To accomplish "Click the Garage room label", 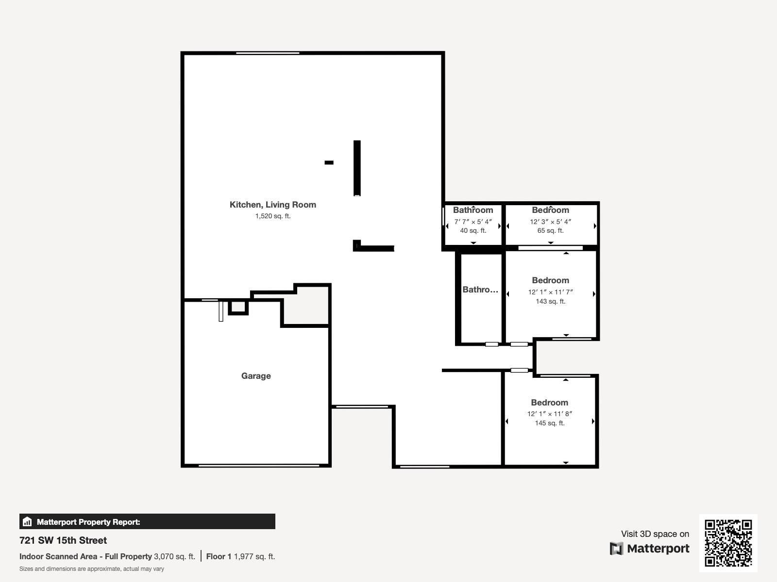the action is (x=256, y=376).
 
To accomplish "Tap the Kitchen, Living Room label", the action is (x=272, y=205).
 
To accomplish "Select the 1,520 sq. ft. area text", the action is (x=273, y=216).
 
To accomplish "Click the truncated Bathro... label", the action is (x=480, y=290).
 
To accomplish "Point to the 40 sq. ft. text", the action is (x=473, y=230).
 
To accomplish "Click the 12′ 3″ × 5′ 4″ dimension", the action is (x=550, y=222).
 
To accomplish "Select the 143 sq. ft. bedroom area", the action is (x=550, y=301).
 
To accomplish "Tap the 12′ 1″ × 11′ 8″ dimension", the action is (x=549, y=414).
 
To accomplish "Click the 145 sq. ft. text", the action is (x=550, y=423).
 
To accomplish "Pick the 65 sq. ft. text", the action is (x=550, y=230).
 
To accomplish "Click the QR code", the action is (x=728, y=543).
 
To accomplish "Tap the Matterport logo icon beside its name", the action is (x=616, y=549).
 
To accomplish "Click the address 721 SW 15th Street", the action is (x=63, y=540).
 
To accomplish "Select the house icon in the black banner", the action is (x=27, y=521).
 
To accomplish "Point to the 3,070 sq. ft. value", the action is (x=174, y=557).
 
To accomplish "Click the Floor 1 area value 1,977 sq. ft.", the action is (x=254, y=557).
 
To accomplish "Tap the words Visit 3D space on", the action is (x=655, y=534).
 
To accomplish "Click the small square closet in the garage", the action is (x=238, y=307).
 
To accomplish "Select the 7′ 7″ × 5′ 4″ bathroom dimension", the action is (x=473, y=222).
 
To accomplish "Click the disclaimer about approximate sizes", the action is (x=92, y=569).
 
